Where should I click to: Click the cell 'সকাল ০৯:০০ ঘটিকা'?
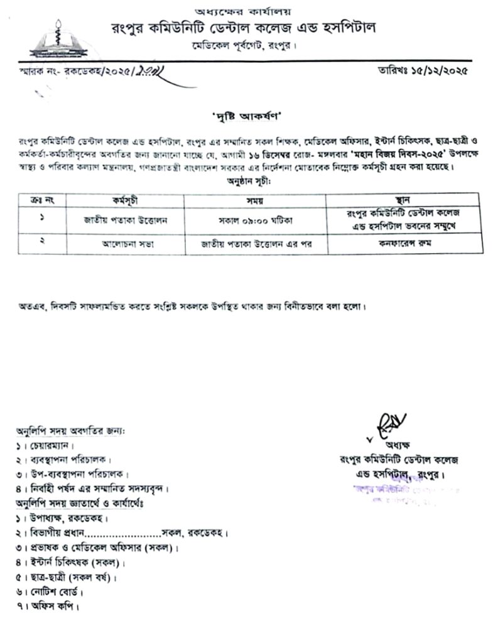[x=256, y=220]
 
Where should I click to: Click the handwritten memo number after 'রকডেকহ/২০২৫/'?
[x=150, y=71]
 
